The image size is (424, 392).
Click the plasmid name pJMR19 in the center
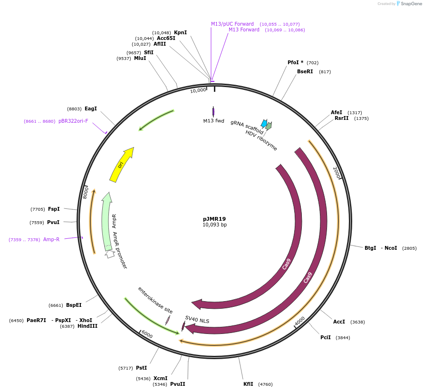point(214,219)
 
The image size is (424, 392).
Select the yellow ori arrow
point(122,165)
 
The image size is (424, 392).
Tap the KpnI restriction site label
point(180,32)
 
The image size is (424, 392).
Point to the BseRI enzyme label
point(305,71)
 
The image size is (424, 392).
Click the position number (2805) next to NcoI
point(409,248)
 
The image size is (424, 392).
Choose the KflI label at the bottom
point(249,384)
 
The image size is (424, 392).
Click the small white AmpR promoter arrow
point(110,254)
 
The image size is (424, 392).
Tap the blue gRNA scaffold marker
point(264,123)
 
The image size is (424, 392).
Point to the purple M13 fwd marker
point(213,112)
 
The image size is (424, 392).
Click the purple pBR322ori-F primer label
point(73,121)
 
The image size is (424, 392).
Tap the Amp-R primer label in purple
point(51,239)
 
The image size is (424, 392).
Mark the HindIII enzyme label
point(87,326)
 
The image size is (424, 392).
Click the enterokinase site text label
point(155,300)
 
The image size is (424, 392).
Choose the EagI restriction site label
point(90,108)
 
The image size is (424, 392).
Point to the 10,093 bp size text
point(214,225)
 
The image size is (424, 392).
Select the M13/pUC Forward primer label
point(232,24)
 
